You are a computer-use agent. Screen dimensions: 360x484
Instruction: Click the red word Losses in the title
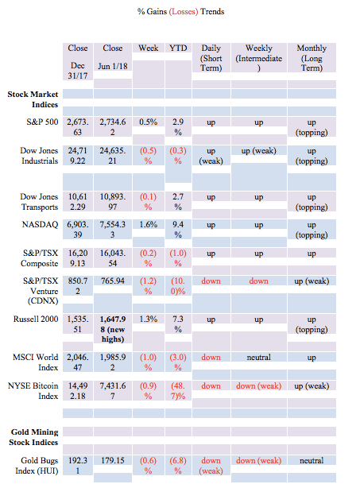coord(184,11)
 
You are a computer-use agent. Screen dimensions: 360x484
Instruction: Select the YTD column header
coord(178,48)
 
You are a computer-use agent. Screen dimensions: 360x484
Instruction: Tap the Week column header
coord(148,48)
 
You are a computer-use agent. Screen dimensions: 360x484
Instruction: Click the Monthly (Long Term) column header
coord(312,58)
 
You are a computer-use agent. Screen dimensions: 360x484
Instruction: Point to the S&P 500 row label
coord(42,122)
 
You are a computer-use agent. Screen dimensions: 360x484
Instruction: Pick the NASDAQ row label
coord(41,224)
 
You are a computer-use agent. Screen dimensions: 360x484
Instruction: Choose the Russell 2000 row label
coord(36,319)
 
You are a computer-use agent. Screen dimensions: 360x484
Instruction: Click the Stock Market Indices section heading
coord(33,99)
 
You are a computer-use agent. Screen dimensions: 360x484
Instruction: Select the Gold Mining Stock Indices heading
coord(33,437)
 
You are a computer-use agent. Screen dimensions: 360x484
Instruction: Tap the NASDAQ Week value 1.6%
coord(148,224)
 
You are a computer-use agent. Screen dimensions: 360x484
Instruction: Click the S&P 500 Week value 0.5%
coord(148,122)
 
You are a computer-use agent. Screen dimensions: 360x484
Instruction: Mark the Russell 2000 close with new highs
coord(113,329)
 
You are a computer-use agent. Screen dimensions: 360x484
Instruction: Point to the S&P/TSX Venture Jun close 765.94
coord(113,281)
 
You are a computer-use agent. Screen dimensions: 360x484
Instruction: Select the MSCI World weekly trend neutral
coord(259,357)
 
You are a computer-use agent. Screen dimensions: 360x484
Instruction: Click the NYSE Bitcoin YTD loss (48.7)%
coord(178,391)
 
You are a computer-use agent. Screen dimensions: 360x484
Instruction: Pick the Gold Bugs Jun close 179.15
coord(113,460)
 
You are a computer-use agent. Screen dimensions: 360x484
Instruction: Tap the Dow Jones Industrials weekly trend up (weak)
coord(259,151)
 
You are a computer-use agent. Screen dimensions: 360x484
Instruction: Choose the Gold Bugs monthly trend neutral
coord(312,460)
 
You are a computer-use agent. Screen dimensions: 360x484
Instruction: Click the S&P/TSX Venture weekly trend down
coord(259,281)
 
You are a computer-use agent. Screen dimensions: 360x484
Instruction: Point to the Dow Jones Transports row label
coord(39,202)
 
